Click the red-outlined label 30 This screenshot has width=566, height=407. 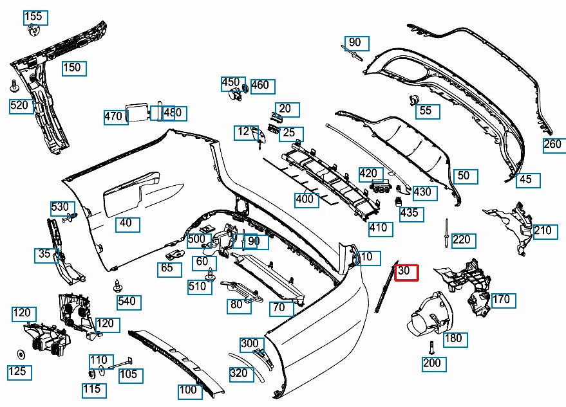[x=406, y=273]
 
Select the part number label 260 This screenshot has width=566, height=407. [x=552, y=144]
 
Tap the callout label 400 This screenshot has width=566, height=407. [x=305, y=199]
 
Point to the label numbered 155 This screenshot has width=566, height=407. [x=33, y=17]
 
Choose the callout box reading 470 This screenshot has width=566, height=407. [x=113, y=116]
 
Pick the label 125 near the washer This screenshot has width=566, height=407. [x=17, y=371]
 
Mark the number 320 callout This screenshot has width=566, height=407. [x=238, y=373]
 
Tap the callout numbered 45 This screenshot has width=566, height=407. [x=525, y=179]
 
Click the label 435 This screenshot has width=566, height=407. [x=408, y=213]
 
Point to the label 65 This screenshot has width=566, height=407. [x=167, y=267]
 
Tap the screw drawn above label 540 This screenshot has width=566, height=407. [x=118, y=284]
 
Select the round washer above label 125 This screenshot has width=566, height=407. [x=21, y=354]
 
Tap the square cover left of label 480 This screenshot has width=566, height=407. [x=137, y=112]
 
